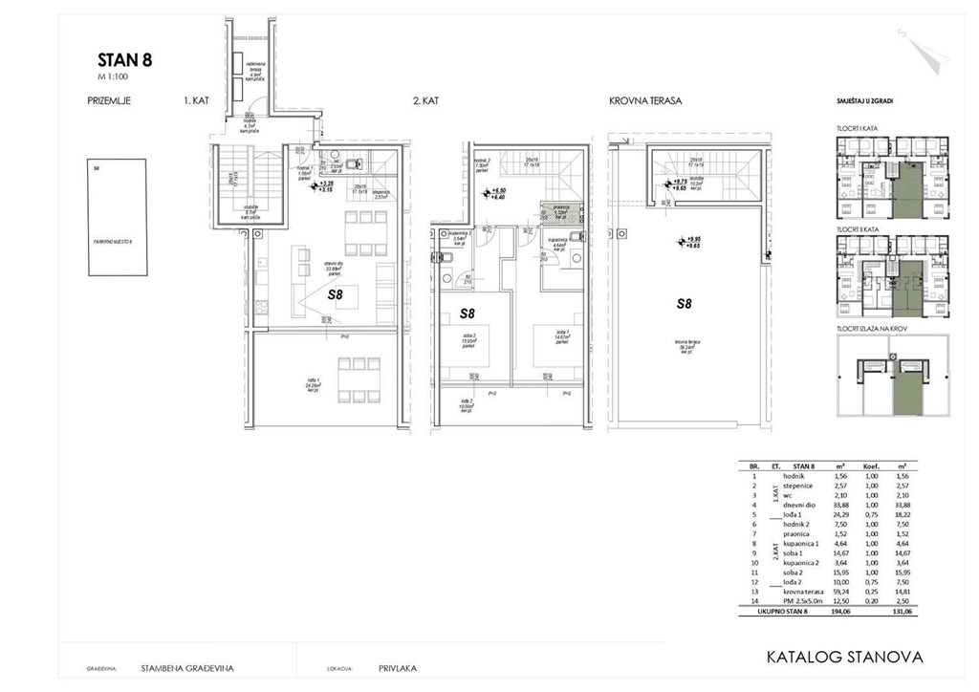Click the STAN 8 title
tap(124, 60)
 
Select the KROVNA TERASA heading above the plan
tap(645, 99)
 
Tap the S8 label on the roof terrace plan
tap(684, 304)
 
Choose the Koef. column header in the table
tap(871, 465)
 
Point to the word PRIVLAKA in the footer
tap(398, 669)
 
